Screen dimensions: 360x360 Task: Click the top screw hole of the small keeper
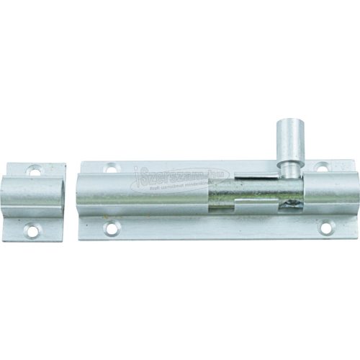pos(34,171)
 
